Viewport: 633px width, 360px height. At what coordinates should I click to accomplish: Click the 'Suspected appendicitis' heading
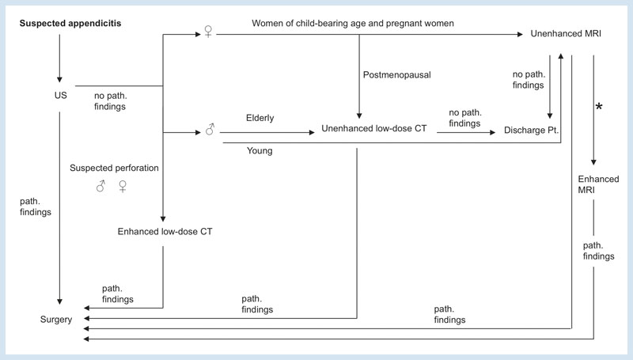[70, 24]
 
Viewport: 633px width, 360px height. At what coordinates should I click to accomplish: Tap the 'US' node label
[61, 95]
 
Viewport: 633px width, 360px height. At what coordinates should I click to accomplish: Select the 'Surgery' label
[56, 319]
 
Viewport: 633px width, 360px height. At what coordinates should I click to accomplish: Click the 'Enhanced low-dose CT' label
[165, 231]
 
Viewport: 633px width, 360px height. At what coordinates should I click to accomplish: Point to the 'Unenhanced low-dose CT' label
[373, 128]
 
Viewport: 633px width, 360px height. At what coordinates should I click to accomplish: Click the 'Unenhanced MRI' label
[566, 33]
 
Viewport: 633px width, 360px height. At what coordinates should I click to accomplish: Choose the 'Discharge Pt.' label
[531, 130]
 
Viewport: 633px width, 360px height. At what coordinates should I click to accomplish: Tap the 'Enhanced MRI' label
[598, 184]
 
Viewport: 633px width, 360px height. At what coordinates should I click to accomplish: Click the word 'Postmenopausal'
[397, 75]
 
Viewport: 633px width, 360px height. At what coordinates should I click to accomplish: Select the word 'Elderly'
[260, 118]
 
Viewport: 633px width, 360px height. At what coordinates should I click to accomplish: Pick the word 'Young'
[260, 150]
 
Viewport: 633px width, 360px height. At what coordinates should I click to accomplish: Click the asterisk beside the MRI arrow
[599, 107]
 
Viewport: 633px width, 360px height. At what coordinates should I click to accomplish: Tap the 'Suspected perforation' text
[114, 168]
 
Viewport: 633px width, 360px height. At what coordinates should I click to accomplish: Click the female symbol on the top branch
[208, 32]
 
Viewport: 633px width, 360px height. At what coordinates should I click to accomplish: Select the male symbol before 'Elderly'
[210, 129]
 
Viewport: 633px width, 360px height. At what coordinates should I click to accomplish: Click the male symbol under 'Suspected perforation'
[100, 186]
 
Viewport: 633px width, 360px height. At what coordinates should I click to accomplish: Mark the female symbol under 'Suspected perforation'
[123, 186]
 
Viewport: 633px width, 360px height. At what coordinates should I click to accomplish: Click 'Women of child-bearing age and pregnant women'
[353, 24]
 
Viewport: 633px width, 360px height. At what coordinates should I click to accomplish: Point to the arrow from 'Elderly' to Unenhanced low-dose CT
[267, 132]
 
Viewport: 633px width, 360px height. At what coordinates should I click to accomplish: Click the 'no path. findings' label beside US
[110, 101]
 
